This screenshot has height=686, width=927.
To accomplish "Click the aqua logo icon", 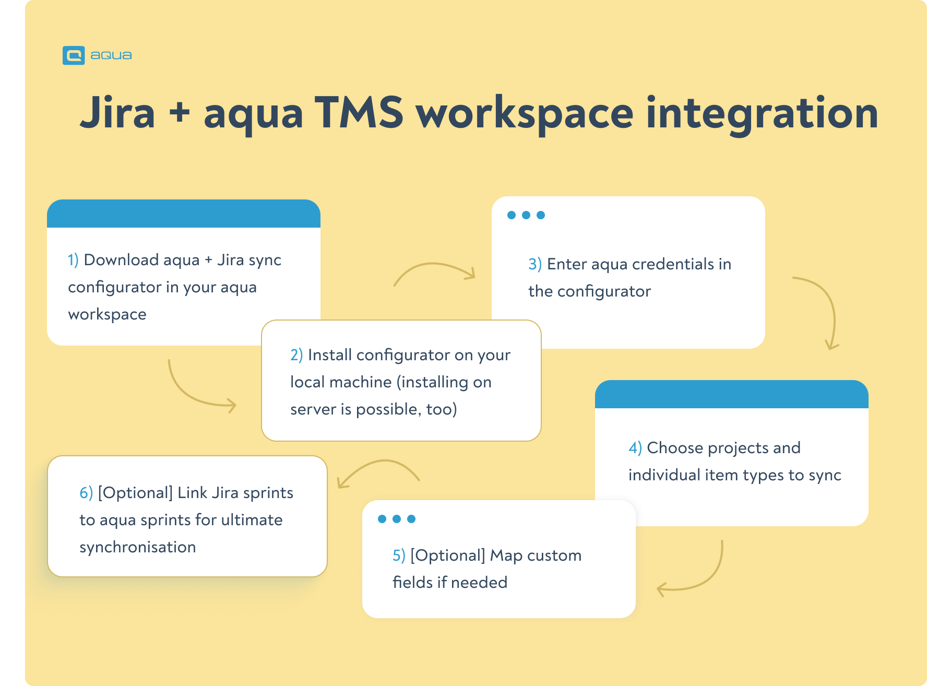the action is click(74, 55).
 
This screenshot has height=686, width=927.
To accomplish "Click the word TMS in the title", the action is click(359, 112).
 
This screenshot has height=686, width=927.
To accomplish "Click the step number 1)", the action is click(73, 259).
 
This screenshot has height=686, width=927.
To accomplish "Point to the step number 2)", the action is click(296, 355).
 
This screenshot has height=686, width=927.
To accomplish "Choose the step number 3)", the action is click(535, 264).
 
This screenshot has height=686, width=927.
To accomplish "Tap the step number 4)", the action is click(635, 448).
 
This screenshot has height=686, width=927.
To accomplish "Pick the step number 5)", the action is click(399, 555).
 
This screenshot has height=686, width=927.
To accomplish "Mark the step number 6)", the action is click(86, 493).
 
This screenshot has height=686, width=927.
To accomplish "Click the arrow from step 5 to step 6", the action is click(381, 461).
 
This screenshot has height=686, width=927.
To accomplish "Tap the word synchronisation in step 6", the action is click(138, 547).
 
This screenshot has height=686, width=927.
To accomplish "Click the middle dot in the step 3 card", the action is click(526, 215).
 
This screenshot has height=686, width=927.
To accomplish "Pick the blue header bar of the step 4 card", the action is click(732, 394).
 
